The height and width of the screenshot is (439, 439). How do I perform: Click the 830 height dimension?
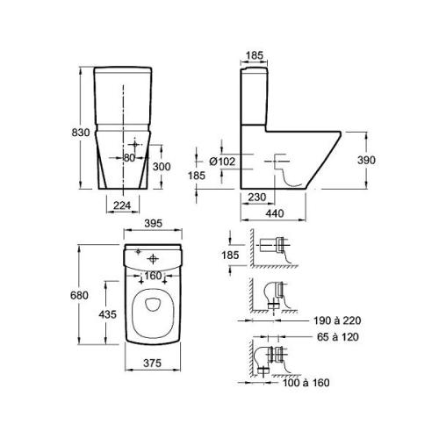coord(81,133)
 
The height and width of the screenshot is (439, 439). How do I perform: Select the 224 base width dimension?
coord(122,205)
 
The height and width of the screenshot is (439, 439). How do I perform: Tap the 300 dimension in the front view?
coord(162,167)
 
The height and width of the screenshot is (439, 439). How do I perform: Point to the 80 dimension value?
coord(129,158)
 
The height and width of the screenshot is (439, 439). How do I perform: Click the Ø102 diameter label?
coord(222,162)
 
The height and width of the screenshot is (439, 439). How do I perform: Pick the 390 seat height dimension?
coord(366,160)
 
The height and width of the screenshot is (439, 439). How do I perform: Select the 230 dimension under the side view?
coord(257,197)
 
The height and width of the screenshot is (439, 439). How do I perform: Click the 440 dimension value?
coord(275,213)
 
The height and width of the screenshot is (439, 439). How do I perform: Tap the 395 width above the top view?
coord(154,224)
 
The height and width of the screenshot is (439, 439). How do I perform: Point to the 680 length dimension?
coord(79,295)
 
